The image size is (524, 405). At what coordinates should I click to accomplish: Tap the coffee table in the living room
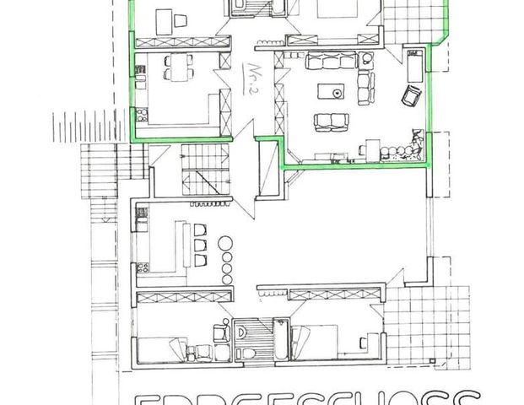[332, 91]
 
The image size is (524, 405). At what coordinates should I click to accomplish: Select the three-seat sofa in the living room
[330, 60]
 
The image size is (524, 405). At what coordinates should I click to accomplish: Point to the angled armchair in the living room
[410, 95]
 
